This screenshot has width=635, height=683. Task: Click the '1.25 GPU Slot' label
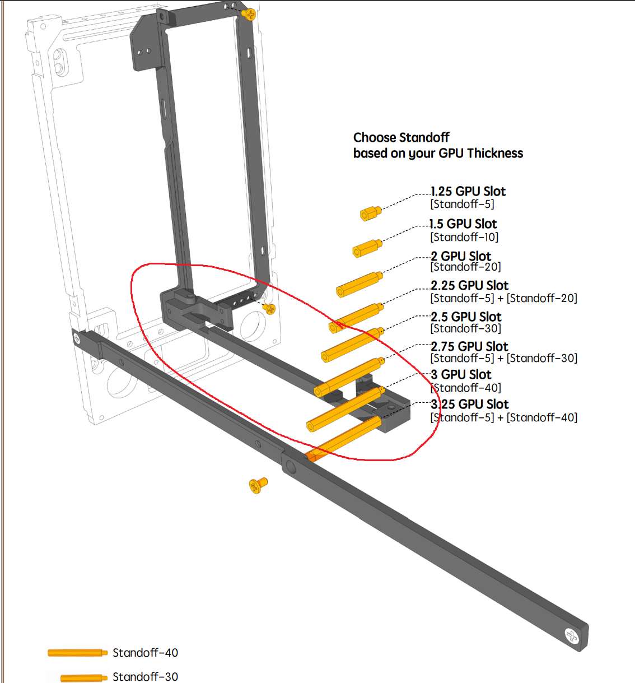point(468,191)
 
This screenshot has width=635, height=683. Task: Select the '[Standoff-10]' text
point(464,237)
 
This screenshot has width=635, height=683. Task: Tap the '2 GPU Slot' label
point(461,256)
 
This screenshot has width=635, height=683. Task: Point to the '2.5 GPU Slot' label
point(466,317)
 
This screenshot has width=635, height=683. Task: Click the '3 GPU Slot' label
point(461,374)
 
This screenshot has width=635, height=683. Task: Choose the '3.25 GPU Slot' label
point(469,404)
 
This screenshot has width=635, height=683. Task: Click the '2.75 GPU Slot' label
point(469,346)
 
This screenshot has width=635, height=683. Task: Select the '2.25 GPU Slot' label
point(469,285)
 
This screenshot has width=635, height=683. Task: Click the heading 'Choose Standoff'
point(401,138)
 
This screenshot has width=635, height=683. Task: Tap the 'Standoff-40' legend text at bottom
point(145,652)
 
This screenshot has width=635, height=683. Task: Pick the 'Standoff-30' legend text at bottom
point(145,676)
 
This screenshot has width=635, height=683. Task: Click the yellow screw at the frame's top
point(249,15)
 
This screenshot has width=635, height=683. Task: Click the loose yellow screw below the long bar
point(258,485)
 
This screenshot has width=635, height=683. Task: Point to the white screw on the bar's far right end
point(571,636)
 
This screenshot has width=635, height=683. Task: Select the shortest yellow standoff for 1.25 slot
point(371,213)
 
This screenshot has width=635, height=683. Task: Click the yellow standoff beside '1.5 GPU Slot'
point(367,248)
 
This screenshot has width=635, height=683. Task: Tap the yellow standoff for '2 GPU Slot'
point(359,285)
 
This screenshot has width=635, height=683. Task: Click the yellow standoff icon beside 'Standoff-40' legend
point(77,653)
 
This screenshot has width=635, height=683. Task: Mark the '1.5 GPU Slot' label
point(464,224)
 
